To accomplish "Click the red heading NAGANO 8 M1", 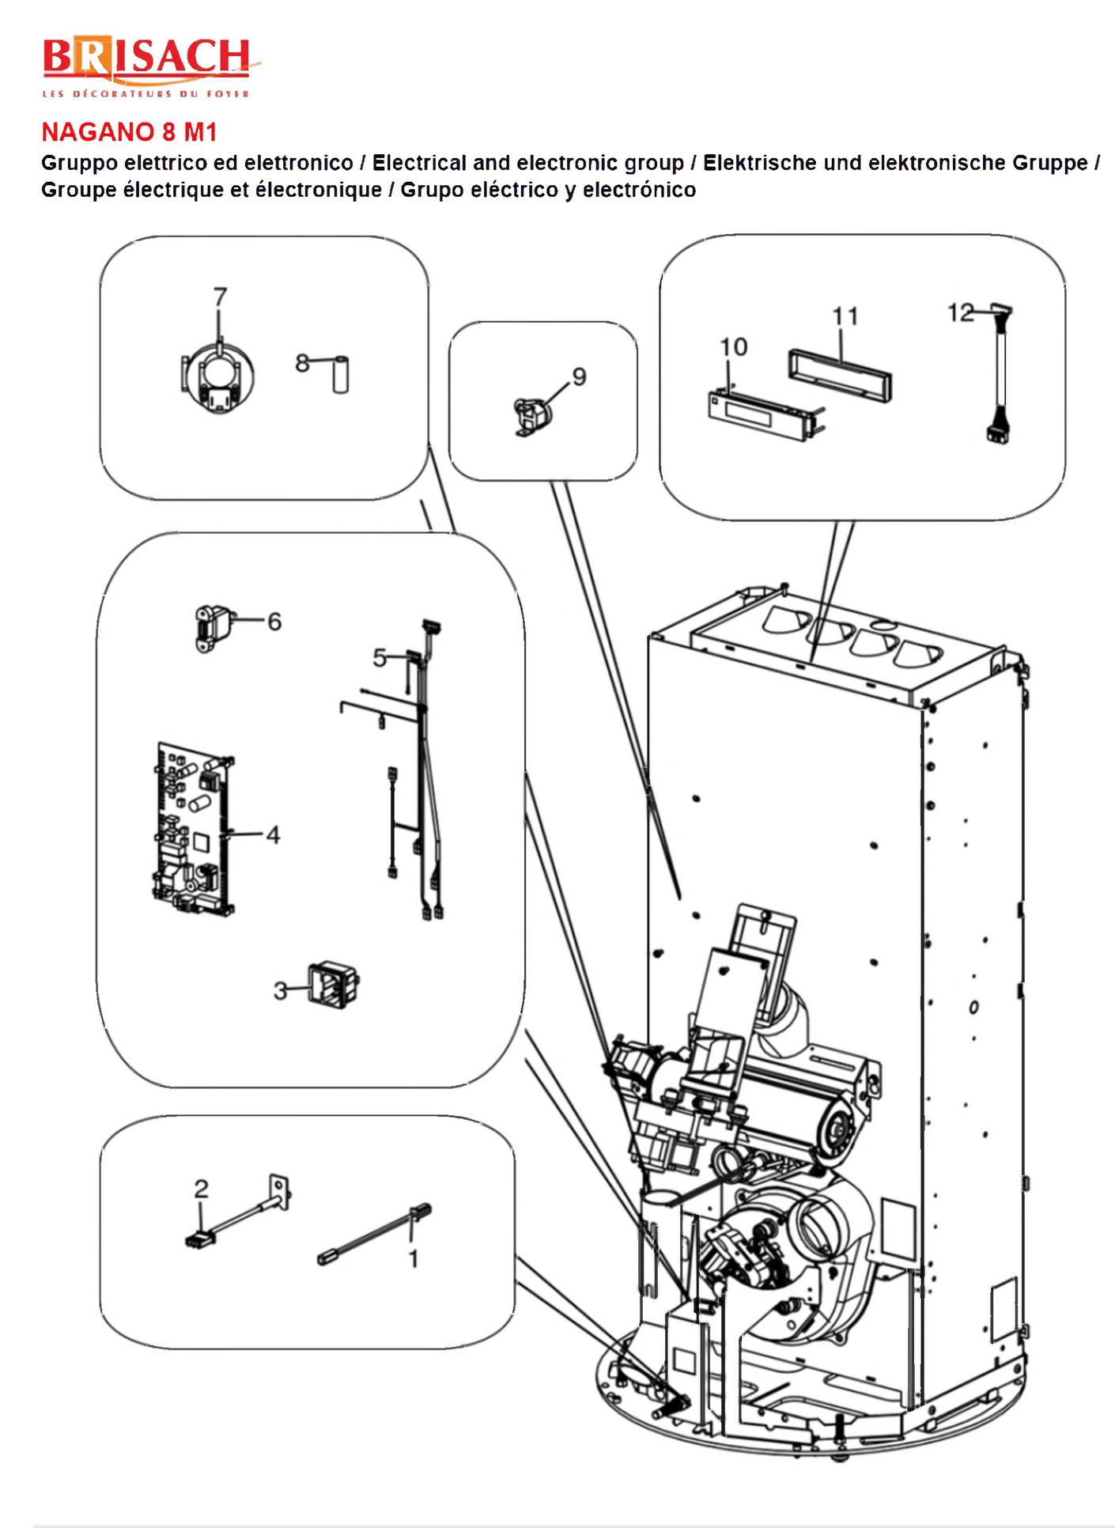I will click(129, 131).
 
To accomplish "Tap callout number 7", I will click(221, 297).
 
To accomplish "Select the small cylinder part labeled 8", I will click(340, 376).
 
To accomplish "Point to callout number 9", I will click(580, 376).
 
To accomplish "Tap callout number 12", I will click(961, 313).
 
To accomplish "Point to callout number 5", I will click(380, 658).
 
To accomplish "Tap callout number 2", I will click(202, 1188).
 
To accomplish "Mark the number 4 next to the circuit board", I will click(273, 834).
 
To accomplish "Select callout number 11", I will click(845, 316).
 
